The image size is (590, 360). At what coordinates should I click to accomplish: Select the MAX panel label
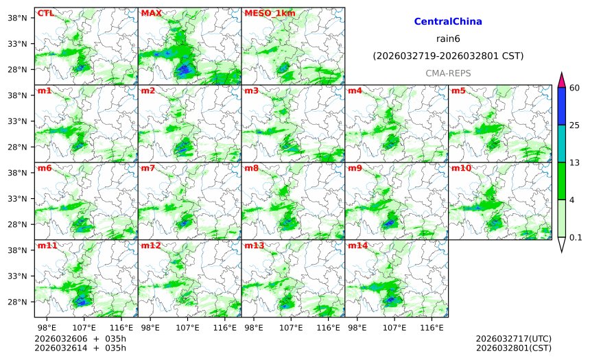tap(151, 13)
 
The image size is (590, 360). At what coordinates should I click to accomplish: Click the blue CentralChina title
tap(448, 22)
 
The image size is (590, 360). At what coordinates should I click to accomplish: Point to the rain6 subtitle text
tap(448, 38)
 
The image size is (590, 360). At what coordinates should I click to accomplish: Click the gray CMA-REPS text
tap(448, 73)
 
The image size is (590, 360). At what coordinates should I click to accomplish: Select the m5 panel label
tap(458, 91)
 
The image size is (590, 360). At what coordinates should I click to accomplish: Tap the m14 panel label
tap(357, 245)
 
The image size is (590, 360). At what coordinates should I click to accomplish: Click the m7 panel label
tap(147, 168)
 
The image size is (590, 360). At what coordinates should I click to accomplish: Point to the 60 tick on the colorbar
tap(575, 87)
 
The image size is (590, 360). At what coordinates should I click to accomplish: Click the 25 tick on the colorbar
tap(575, 125)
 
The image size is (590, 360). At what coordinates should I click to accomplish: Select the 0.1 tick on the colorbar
tap(576, 238)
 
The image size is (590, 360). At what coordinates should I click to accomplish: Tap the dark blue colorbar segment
tap(561, 106)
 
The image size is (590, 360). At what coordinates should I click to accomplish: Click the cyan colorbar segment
tap(561, 143)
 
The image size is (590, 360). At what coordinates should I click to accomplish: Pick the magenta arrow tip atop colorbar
tap(561, 80)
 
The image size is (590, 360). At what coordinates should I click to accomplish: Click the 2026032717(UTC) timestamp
tap(513, 339)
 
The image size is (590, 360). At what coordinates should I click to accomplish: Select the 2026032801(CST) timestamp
tap(513, 348)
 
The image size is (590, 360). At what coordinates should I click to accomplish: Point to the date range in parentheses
tap(448, 56)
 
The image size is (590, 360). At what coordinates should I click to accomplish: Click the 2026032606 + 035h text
tap(80, 339)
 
